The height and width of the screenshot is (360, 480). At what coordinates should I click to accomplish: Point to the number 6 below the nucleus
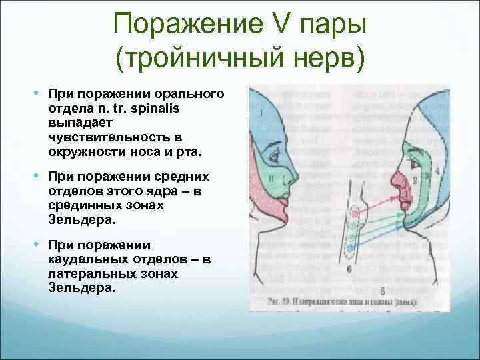click(x=350, y=268)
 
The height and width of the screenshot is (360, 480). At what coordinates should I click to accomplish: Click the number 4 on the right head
click(x=437, y=171)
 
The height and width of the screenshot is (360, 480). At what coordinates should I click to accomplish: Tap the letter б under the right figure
click(x=381, y=291)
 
